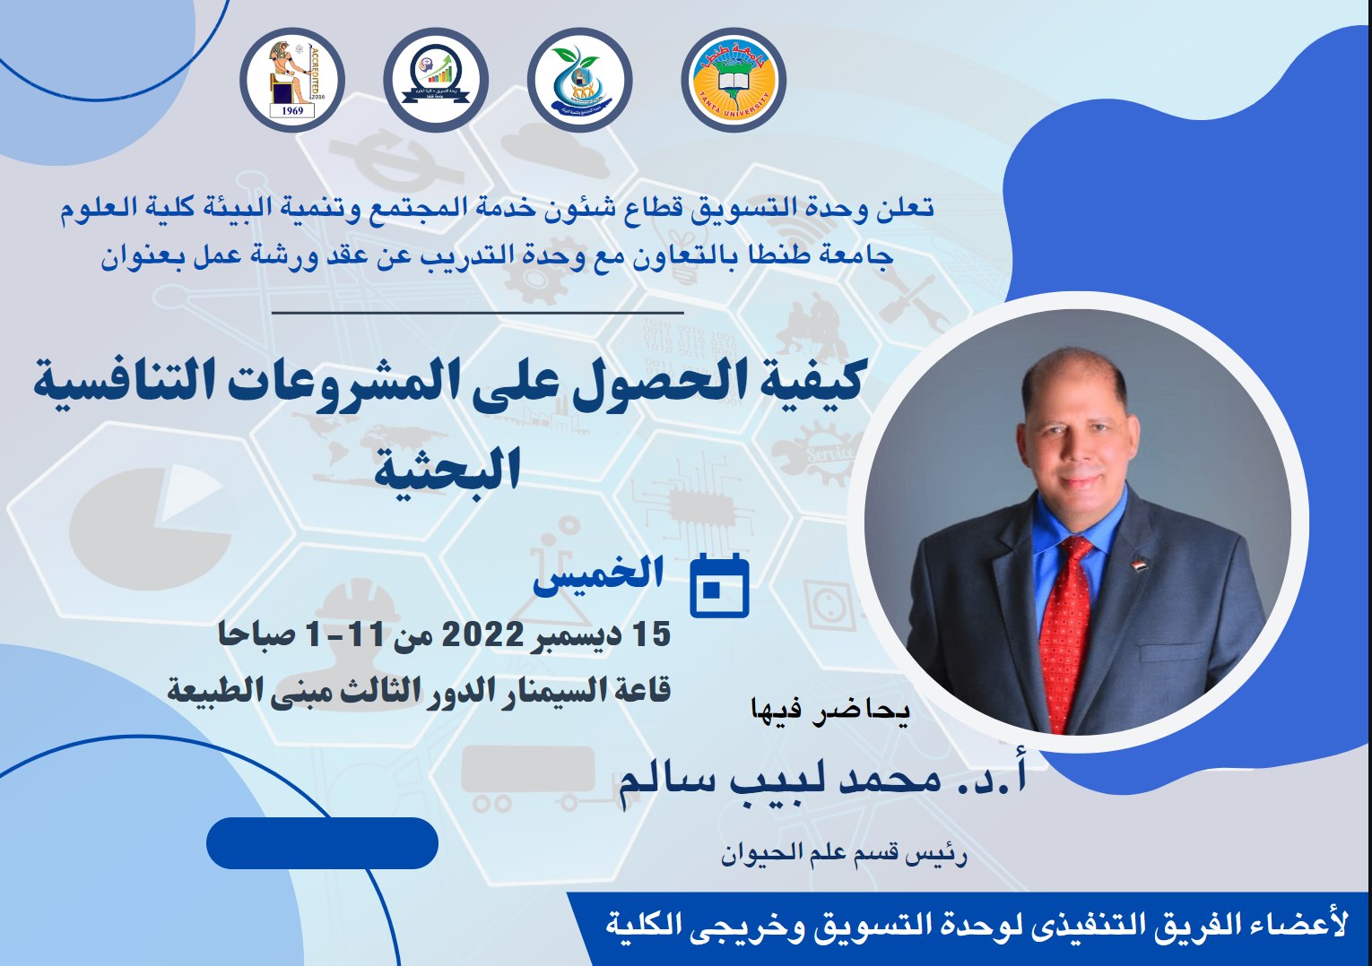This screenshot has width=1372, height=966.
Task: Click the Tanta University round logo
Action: (x=734, y=80)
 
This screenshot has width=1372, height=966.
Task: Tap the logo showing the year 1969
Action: (x=292, y=80)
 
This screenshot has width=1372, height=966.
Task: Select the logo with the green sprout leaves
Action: (x=579, y=80)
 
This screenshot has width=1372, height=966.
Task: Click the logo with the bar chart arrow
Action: (x=436, y=80)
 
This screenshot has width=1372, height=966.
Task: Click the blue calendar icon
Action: (x=720, y=585)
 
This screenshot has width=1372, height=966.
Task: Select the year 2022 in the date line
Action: (x=482, y=634)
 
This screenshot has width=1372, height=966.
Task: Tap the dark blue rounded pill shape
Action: (x=322, y=843)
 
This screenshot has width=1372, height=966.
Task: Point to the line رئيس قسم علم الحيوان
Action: (x=844, y=855)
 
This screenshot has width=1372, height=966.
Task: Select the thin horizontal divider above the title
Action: (x=478, y=313)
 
